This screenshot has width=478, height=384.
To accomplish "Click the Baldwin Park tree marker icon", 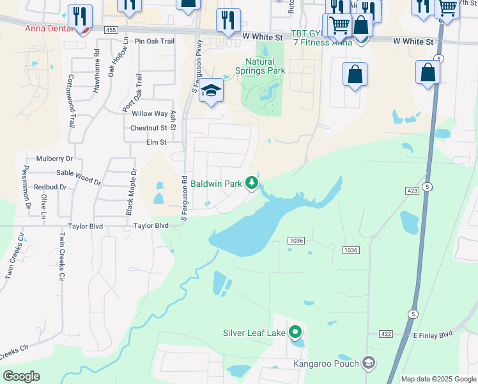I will [252, 184].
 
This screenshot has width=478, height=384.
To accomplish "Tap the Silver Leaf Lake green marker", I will [295, 332].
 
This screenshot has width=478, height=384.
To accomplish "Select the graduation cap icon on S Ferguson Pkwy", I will [210, 91].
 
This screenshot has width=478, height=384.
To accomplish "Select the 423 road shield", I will [411, 191].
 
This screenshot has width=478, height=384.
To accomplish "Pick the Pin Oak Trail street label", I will [155, 41].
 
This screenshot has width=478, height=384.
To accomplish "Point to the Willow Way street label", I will [150, 113].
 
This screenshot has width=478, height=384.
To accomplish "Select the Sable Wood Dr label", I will [79, 176].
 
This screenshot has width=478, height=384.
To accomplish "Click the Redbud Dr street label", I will [50, 187].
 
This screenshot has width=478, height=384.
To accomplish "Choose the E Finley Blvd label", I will [432, 334].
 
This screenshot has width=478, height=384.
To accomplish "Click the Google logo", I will [21, 376].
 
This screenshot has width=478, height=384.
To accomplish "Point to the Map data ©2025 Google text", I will [438, 379].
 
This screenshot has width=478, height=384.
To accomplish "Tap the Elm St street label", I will [156, 142].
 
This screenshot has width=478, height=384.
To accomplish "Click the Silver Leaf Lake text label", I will [254, 333].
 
